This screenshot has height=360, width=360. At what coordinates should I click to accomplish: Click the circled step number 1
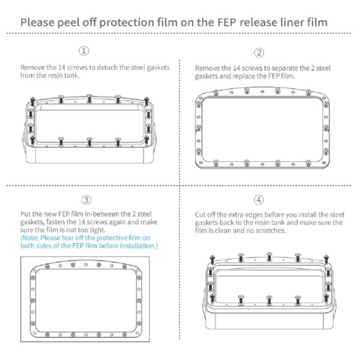pyautogui.click(x=84, y=51)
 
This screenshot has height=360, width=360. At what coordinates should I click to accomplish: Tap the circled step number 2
pyautogui.click(x=259, y=53)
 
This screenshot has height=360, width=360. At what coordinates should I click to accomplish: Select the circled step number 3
pyautogui.click(x=86, y=200)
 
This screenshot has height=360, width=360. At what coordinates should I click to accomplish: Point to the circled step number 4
pyautogui.click(x=259, y=200)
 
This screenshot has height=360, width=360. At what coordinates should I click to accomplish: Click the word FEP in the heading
pyautogui.click(x=227, y=23)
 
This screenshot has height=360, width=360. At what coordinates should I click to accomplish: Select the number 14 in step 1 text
pyautogui.click(x=61, y=67)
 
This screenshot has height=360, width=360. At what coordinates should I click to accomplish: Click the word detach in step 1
pyautogui.click(x=107, y=67)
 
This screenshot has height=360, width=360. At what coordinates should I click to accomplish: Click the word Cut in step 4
pyautogui.click(x=200, y=215)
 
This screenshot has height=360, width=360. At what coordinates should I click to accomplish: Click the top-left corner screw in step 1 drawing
pyautogui.click(x=32, y=101)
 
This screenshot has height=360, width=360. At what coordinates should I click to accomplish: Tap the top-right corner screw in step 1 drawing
pyautogui.click(x=146, y=101)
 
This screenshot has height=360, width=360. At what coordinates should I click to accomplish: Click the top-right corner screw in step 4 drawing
pyautogui.click(x=326, y=259)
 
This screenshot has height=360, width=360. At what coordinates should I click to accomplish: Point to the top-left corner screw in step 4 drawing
pyautogui.click(x=212, y=259)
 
